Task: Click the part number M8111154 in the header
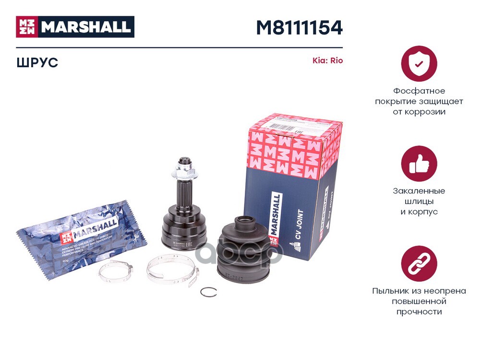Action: click(x=299, y=27)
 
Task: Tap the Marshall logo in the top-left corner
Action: click(x=75, y=27)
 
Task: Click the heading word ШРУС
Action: click(x=37, y=62)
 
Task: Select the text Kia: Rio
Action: click(x=328, y=61)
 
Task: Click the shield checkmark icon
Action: click(x=419, y=63)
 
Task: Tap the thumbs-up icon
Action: click(x=419, y=164)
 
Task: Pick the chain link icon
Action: click(x=419, y=264)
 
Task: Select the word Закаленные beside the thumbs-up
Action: click(x=419, y=191)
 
